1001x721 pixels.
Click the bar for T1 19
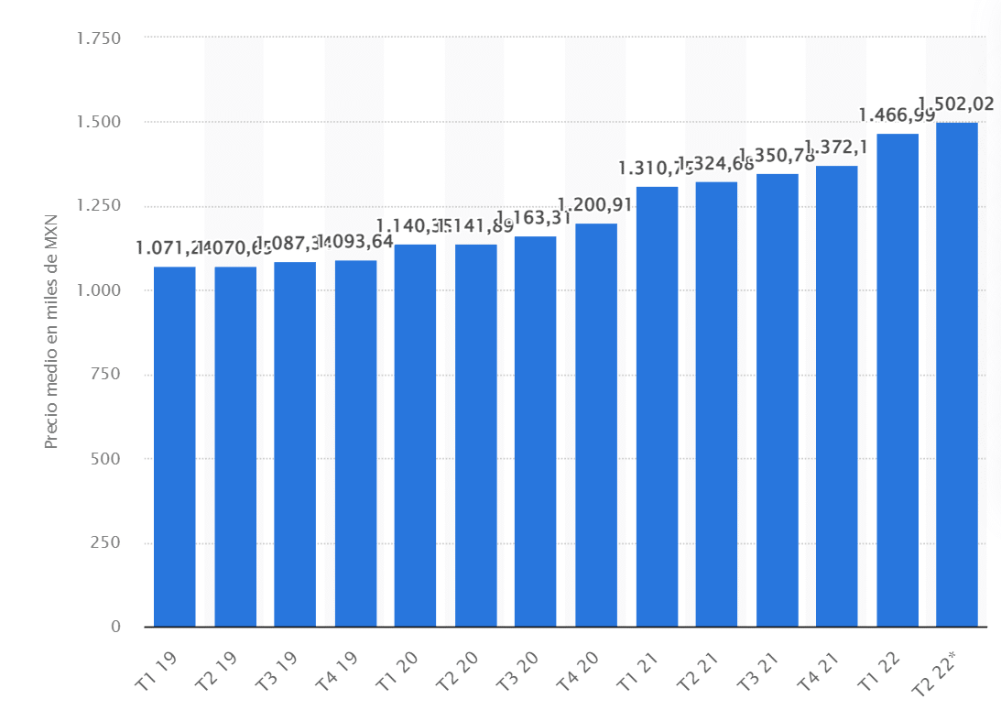(174, 447)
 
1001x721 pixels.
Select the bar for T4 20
(596, 425)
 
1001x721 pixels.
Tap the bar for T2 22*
(957, 375)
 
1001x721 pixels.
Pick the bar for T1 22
(898, 380)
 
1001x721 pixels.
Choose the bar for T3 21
(777, 400)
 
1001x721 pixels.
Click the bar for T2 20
(475, 436)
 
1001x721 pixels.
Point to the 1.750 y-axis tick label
(99, 38)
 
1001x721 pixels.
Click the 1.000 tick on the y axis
(99, 290)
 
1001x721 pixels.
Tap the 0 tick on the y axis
(115, 628)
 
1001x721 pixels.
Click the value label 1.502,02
(956, 104)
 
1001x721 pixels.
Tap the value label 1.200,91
(596, 204)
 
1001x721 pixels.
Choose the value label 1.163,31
(536, 218)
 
